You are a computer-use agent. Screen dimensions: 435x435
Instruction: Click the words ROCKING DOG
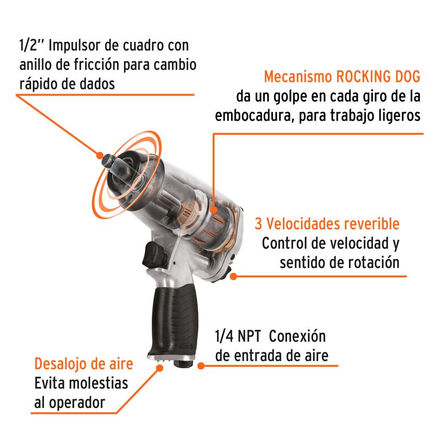click(x=378, y=77)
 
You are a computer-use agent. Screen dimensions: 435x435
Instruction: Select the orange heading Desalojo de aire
click(x=84, y=364)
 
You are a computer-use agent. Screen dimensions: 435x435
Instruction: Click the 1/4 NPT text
click(x=238, y=336)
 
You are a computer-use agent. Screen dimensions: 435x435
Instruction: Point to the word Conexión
click(x=297, y=336)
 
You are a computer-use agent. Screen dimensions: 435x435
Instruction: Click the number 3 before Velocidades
click(x=258, y=223)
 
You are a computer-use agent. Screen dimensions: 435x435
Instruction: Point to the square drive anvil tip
click(x=109, y=161)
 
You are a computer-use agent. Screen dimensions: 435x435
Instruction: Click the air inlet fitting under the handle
click(x=183, y=363)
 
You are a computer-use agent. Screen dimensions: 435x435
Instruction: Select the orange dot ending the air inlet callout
click(x=201, y=365)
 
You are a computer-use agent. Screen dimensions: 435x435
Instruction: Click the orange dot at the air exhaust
click(x=159, y=368)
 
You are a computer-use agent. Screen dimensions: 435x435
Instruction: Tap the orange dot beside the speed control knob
click(x=234, y=276)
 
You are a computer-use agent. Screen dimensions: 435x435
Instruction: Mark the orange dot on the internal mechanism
click(x=213, y=210)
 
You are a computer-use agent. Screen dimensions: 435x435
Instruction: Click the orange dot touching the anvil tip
click(x=100, y=156)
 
